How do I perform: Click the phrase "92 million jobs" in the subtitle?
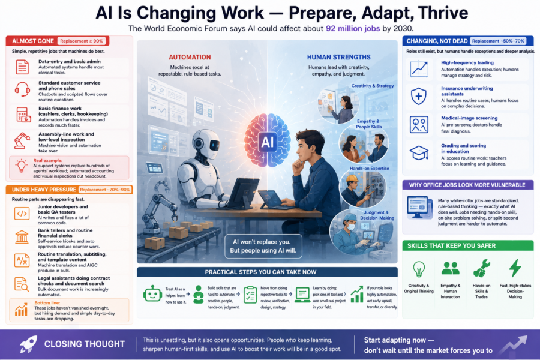[x=353, y=28]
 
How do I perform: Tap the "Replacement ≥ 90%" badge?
[x=82, y=41]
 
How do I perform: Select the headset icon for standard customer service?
[x=22, y=89]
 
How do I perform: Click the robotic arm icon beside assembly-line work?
[x=22, y=140]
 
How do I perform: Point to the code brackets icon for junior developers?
[x=22, y=214]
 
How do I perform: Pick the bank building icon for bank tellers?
[x=22, y=238]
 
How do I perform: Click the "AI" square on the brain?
[x=267, y=142]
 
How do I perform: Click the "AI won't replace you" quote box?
[x=263, y=246]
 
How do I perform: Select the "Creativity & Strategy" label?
[x=372, y=86]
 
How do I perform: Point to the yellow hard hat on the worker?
[x=352, y=178]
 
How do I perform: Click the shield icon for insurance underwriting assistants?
[x=419, y=96]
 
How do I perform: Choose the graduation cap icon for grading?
[x=419, y=152]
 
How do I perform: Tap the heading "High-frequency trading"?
[x=467, y=62]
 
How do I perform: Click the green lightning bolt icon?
[x=515, y=268]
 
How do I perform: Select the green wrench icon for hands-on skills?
[x=481, y=268]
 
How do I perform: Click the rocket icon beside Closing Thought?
[x=28, y=344]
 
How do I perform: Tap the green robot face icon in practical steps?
[x=152, y=294]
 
